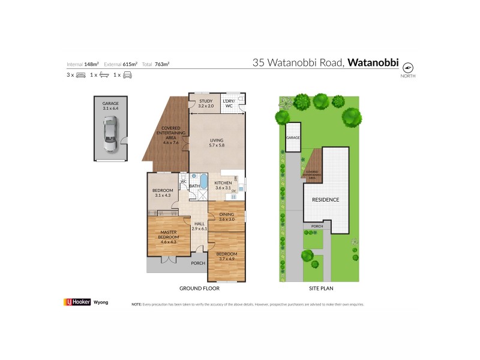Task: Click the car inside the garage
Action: point(110,135)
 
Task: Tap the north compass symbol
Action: point(408,67)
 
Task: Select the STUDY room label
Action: point(206,103)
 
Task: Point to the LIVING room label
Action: point(217,142)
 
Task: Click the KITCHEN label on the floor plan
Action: point(223,185)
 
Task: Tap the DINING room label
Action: point(226,216)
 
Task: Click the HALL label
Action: point(199,226)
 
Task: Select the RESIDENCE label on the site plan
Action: point(325,199)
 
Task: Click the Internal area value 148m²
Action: point(91,64)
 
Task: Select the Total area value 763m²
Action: point(161,64)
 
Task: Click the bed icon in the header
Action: point(81,75)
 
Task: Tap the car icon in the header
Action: point(127,75)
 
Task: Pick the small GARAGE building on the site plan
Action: point(292,137)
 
